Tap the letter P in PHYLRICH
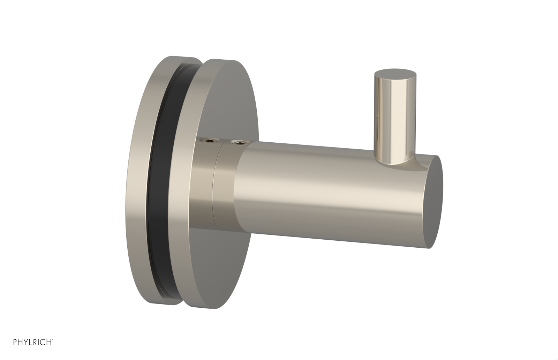click(x=15, y=343)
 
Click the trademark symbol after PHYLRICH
click(x=52, y=341)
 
